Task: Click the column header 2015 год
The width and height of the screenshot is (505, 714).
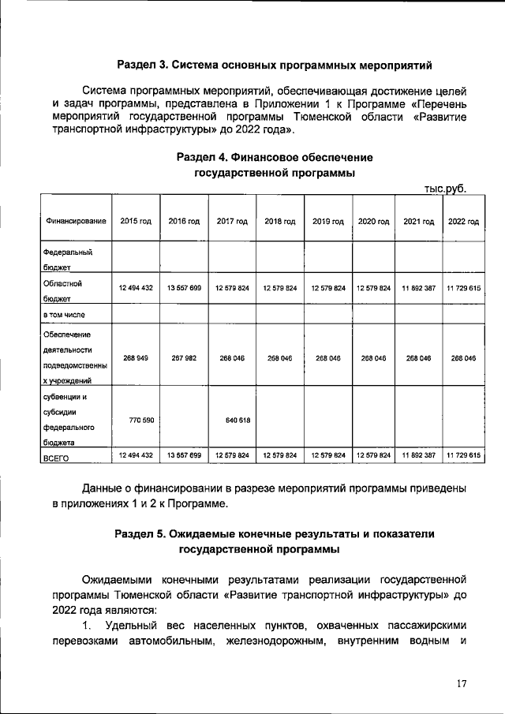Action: (136, 222)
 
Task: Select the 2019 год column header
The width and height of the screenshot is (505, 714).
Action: (328, 222)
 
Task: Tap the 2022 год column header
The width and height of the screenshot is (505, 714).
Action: (464, 222)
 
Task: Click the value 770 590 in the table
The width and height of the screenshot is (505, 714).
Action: (136, 420)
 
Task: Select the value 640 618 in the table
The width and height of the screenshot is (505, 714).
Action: (232, 420)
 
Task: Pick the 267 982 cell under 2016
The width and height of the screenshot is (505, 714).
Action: (184, 357)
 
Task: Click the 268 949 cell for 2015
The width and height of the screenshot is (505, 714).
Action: (136, 357)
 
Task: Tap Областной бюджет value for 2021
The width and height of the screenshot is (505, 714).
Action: (419, 289)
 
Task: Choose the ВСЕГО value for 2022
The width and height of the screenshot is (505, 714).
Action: (464, 456)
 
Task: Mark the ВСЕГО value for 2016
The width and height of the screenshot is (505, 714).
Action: (184, 456)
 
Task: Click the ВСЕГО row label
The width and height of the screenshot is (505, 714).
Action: (57, 457)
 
